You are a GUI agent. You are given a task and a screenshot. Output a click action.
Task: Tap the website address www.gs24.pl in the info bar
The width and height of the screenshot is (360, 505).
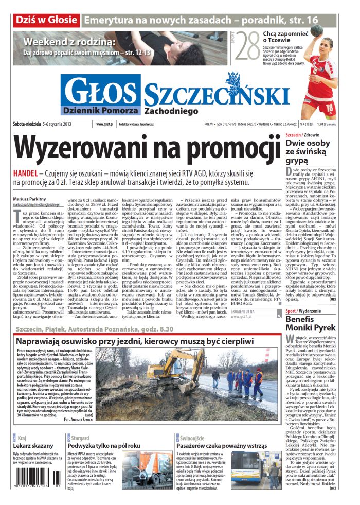(105, 124)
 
